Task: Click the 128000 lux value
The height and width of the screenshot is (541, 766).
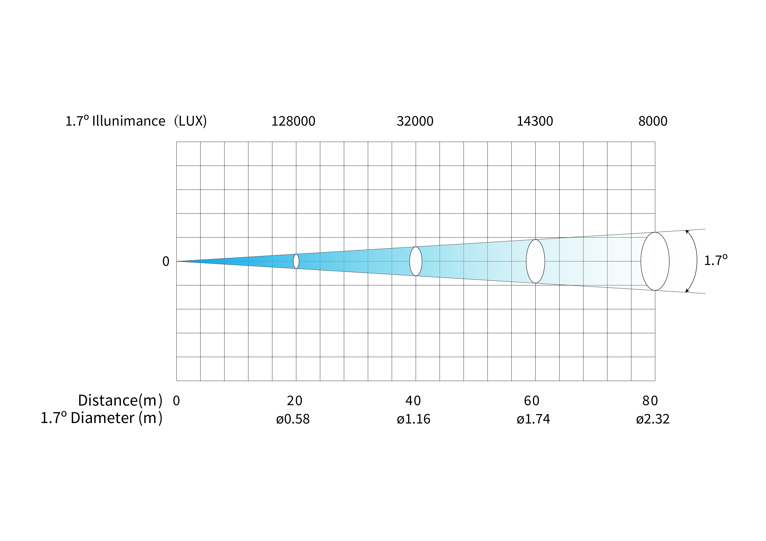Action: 293,121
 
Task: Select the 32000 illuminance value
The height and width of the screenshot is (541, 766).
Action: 415,121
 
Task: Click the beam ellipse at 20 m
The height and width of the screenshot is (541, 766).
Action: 294,261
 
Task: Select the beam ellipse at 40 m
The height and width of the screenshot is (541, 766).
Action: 410,261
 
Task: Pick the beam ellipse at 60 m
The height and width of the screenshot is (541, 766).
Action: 527,261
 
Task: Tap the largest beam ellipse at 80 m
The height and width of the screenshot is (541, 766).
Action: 641,261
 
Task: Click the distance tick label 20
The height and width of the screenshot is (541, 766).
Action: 294,401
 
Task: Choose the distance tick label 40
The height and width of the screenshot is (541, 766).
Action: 413,401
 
